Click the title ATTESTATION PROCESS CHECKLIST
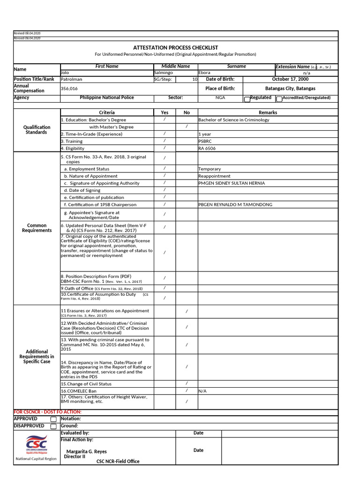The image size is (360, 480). pyautogui.click(x=175, y=47)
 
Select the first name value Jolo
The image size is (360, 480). pyautogui.click(x=65, y=73)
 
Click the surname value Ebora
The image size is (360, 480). pyautogui.click(x=204, y=73)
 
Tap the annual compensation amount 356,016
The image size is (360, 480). pyautogui.click(x=69, y=88)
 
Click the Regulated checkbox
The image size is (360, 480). pyautogui.click(x=247, y=99)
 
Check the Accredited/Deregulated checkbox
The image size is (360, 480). pyautogui.click(x=279, y=99)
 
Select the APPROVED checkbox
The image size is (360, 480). pyautogui.click(x=53, y=419)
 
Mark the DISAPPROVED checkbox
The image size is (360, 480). pyautogui.click(x=53, y=426)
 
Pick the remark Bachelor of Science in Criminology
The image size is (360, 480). pyautogui.click(x=233, y=120)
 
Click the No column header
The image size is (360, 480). pyautogui.click(x=187, y=112)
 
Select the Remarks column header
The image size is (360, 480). pyautogui.click(x=268, y=112)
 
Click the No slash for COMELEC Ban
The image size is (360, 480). pyautogui.click(x=187, y=390)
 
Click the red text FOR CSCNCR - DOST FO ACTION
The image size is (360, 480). pyautogui.click(x=47, y=412)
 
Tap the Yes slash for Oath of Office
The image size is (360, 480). pyautogui.click(x=165, y=288)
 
